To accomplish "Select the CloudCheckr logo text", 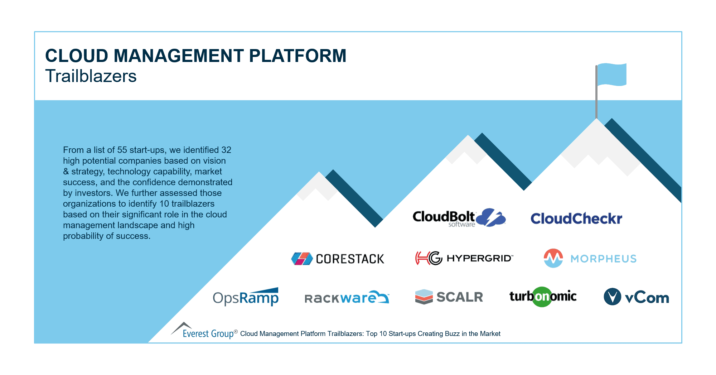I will [576, 218].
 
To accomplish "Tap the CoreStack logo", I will [338, 259].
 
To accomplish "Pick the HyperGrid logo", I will [464, 258].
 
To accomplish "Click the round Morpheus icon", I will [553, 258].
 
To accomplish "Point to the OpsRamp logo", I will [246, 297].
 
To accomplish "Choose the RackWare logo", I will [346, 298].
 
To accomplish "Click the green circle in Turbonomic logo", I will [542, 297].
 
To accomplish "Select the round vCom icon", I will [612, 297].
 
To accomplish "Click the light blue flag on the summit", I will [612, 74].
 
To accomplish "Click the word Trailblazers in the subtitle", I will [91, 76].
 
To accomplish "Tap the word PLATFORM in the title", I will [297, 56].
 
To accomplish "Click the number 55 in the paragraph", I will [122, 150].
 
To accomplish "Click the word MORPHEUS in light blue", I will [603, 259].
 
